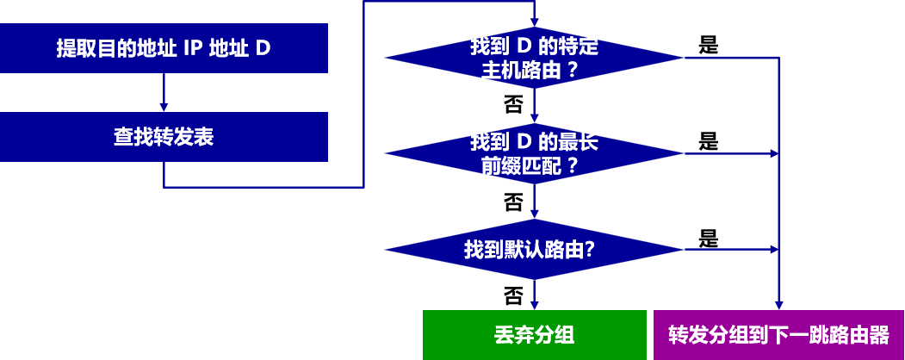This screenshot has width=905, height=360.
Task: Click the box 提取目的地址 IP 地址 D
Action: point(164,48)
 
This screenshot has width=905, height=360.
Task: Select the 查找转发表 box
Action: point(164,137)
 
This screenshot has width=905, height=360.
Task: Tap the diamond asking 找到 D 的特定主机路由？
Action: point(534,58)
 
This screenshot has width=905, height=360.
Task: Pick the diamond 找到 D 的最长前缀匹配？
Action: point(534,153)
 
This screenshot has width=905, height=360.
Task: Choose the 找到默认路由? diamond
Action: point(534,250)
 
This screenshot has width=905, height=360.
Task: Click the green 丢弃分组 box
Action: point(534,334)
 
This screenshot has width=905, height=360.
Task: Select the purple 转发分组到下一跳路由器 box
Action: point(778,334)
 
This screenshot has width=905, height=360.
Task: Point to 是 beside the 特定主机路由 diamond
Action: point(708,46)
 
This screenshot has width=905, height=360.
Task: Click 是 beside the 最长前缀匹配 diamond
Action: point(708,142)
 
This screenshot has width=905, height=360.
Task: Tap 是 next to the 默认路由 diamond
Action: point(708,239)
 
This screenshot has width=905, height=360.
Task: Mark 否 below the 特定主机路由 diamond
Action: point(513,105)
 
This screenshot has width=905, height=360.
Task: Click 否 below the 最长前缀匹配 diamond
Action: point(513,202)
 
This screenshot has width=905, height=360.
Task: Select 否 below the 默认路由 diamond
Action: point(513,296)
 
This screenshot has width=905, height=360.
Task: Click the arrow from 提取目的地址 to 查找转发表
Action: point(164,92)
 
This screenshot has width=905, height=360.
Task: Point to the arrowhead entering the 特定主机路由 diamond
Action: point(535,24)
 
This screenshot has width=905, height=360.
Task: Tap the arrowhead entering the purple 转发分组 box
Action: point(779,305)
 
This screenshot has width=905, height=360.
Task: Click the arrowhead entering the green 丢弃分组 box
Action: point(535,305)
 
